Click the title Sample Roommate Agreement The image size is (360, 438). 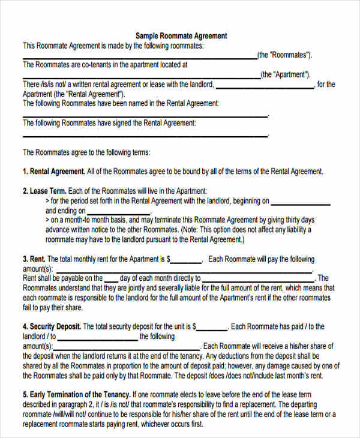click(x=181, y=36)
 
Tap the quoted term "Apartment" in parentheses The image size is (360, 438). click(x=286, y=75)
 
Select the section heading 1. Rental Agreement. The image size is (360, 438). click(x=54, y=172)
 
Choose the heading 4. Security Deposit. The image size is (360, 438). click(x=52, y=327)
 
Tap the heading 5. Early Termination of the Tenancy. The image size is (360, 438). click(x=77, y=395)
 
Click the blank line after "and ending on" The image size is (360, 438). click(x=119, y=212)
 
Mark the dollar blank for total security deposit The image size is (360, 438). click(x=212, y=328)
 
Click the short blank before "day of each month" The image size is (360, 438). click(x=112, y=279)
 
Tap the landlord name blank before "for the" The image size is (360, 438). click(x=264, y=85)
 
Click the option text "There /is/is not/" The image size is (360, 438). click(x=47, y=85)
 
